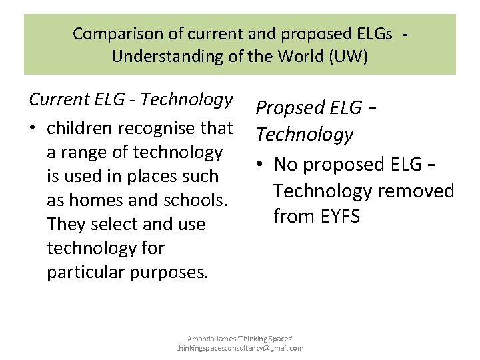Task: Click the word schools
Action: point(196,200)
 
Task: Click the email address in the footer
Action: point(239,348)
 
